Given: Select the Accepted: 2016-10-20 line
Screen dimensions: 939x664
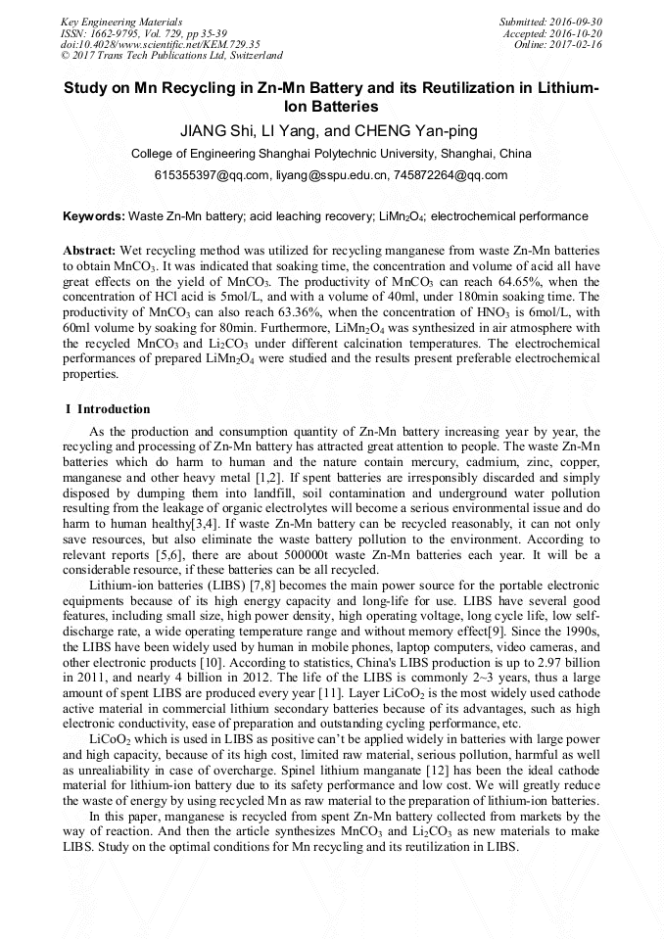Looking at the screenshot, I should pos(553,33).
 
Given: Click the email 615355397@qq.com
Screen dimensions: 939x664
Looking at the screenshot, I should pos(212,175).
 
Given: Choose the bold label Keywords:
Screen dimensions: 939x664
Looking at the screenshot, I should pos(94,215).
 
